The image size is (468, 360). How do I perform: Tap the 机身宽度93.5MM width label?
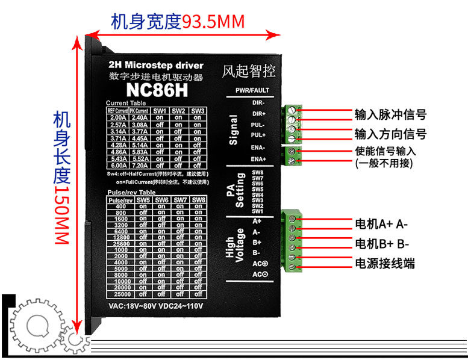click(178, 22)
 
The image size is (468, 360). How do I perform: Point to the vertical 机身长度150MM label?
click(60, 178)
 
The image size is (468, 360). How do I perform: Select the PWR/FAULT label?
click(252, 90)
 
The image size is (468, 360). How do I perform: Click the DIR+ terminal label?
click(259, 113)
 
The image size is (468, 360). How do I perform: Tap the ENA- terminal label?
click(259, 147)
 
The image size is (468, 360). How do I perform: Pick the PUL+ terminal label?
click(259, 135)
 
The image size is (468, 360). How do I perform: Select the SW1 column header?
click(160, 111)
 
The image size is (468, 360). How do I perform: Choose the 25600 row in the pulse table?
click(120, 243)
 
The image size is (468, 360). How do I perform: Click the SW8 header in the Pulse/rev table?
click(198, 200)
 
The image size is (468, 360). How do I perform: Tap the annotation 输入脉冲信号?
click(390, 114)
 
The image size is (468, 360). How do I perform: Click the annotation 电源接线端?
click(385, 264)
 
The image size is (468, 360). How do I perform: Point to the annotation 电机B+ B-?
click(382, 244)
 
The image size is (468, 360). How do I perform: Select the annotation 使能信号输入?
click(385, 151)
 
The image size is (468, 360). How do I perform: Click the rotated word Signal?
click(233, 129)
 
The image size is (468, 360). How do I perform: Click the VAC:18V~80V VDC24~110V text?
click(156, 306)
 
